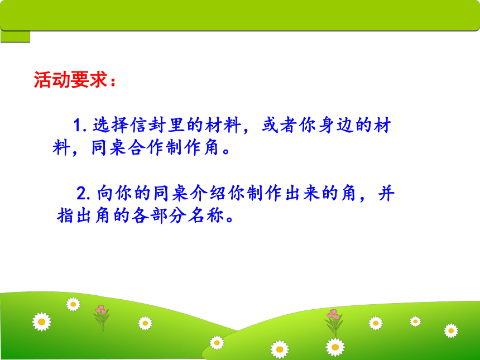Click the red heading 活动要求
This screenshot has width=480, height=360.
[x=70, y=80]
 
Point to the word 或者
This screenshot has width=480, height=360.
[x=279, y=125]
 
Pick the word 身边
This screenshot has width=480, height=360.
[x=336, y=125]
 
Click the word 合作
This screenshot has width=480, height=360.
[x=147, y=147]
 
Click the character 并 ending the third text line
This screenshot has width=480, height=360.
[x=386, y=193]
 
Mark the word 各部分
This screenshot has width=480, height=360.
[x=159, y=215]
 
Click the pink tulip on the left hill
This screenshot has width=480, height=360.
[x=102, y=318]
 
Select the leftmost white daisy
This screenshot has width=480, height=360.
[x=42, y=321]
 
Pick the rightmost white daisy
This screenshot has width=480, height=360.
[x=451, y=330]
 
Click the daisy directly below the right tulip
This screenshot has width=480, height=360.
[x=335, y=348]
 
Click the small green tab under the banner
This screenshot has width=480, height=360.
[x=15, y=36]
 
